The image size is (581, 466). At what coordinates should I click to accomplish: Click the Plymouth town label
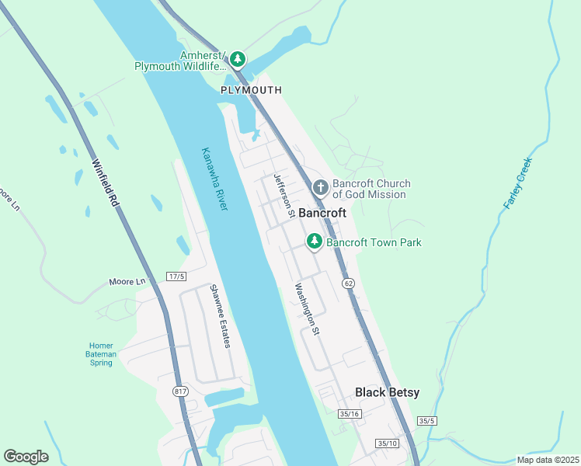pyautogui.click(x=251, y=90)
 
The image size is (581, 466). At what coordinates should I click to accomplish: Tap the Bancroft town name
pyautogui.click(x=322, y=213)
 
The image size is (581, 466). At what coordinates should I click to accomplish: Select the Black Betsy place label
pyautogui.click(x=387, y=392)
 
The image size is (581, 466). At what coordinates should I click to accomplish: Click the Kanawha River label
pyautogui.click(x=214, y=179)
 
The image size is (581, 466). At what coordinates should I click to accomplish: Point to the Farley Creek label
pyautogui.click(x=517, y=183)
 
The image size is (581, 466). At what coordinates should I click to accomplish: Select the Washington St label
pyautogui.click(x=307, y=308)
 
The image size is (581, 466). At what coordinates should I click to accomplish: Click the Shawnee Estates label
pyautogui.click(x=220, y=316)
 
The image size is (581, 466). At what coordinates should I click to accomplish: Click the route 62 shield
pyautogui.click(x=348, y=283)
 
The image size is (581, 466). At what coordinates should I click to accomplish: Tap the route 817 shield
pyautogui.click(x=180, y=391)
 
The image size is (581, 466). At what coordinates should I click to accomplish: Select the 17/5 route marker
pyautogui.click(x=176, y=276)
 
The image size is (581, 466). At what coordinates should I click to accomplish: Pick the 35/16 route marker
pyautogui.click(x=349, y=414)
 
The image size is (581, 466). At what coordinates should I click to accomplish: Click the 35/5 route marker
pyautogui.click(x=426, y=420)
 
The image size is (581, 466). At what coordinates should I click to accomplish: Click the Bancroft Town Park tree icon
pyautogui.click(x=315, y=242)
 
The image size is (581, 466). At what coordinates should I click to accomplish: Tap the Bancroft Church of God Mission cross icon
pyautogui.click(x=320, y=187)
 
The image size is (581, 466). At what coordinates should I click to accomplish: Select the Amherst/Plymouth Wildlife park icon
pyautogui.click(x=237, y=59)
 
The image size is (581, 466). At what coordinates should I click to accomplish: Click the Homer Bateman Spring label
pyautogui.click(x=102, y=354)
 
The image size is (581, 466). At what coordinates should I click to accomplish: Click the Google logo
pyautogui.click(x=26, y=457)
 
